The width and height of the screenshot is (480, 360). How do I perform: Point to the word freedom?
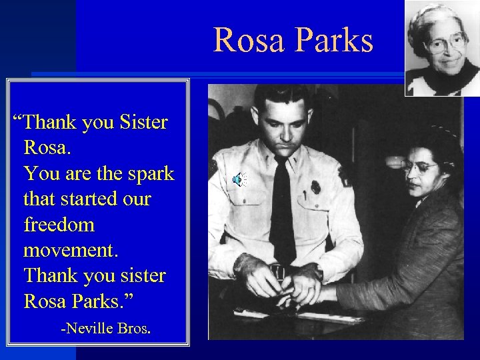click(x=59, y=225)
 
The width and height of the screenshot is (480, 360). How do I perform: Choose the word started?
click(x=86, y=199)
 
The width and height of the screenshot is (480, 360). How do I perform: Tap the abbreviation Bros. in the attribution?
click(x=134, y=329)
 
